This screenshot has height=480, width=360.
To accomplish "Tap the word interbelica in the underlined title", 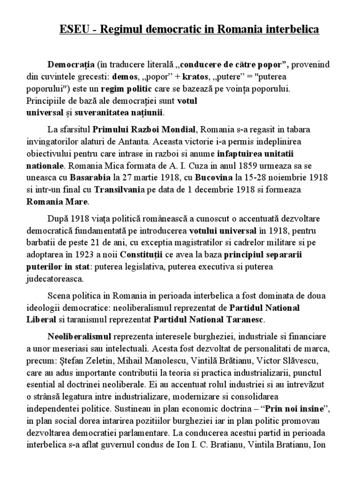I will pos(290,30).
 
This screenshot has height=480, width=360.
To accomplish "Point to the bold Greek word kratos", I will pos(195,76).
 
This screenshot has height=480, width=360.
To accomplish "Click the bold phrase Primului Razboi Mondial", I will pos(146,129).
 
